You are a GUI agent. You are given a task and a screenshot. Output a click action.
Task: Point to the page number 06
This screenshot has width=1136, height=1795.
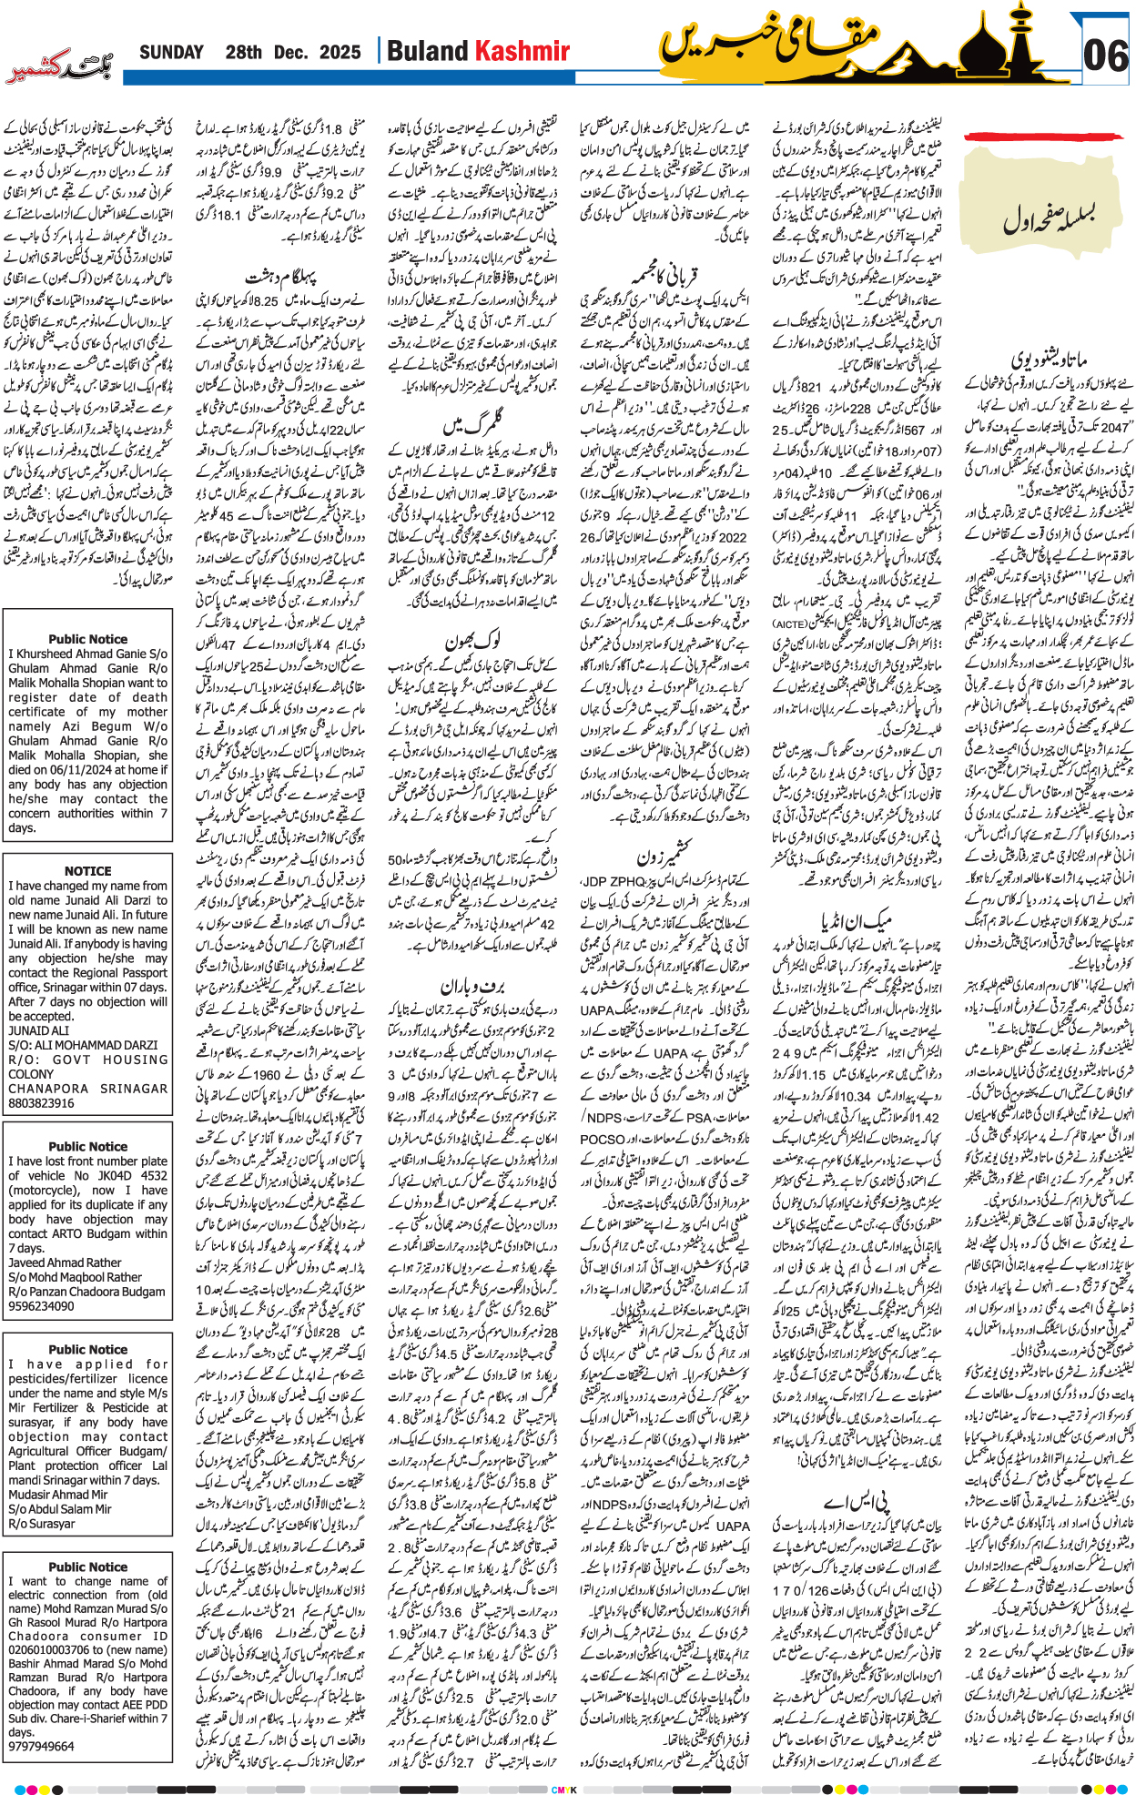click(x=1105, y=56)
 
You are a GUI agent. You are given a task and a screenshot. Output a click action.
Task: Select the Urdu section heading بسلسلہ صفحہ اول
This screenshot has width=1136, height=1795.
click(x=1048, y=219)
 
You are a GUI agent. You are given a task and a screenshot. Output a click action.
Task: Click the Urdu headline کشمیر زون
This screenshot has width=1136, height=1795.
click(x=664, y=857)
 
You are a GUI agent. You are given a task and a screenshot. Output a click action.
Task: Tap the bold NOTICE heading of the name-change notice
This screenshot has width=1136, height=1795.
click(x=87, y=871)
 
